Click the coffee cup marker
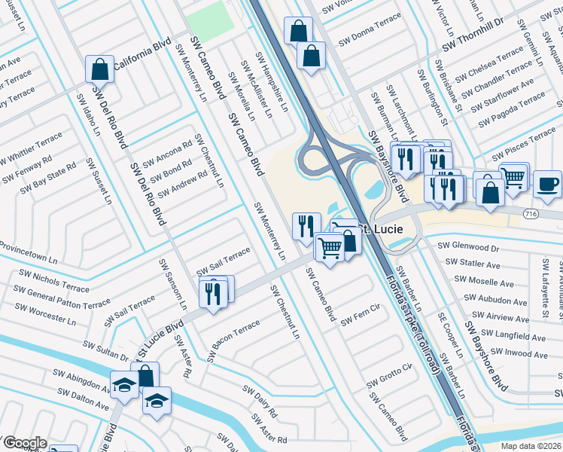[x=547, y=184]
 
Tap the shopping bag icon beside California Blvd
[x=99, y=70]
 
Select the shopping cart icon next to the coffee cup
[x=513, y=178]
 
